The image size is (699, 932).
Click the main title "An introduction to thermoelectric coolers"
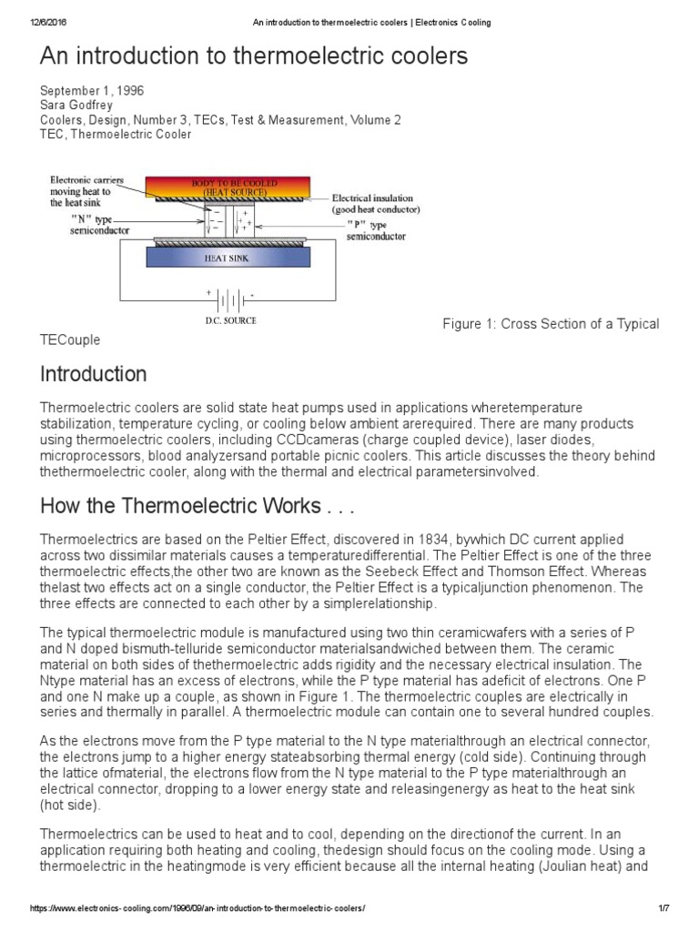pos(254,57)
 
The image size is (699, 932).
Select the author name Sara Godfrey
pos(76,106)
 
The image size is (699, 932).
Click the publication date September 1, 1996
pos(92,91)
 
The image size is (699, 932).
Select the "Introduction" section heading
pos(93,374)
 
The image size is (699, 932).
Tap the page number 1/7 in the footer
pos(664,909)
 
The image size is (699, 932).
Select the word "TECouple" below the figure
pos(70,339)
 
